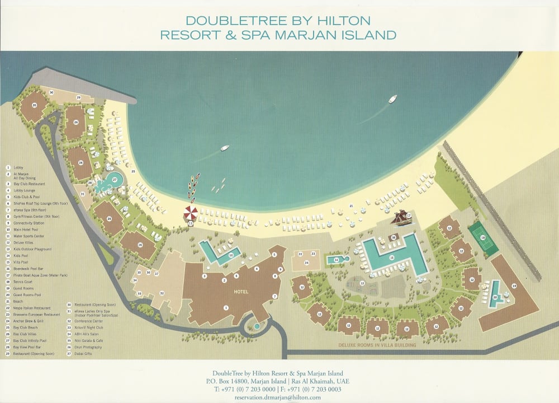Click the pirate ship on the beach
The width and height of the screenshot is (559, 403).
coord(401,217)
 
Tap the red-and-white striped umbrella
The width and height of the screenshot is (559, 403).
coord(191,213)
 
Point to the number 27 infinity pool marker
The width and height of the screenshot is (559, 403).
coord(116,180)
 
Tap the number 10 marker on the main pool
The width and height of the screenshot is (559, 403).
coord(230,255)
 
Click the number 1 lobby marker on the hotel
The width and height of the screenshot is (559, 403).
coord(226,307)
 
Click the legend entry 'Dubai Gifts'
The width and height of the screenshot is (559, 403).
coord(82,354)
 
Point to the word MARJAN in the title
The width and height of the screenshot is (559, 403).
coord(306,35)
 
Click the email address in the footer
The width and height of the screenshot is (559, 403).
coord(278,397)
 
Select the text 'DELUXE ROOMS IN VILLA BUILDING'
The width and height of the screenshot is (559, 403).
coord(377,345)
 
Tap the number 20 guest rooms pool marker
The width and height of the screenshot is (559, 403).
coord(495,297)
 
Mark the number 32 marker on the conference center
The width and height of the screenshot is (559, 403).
coord(162,293)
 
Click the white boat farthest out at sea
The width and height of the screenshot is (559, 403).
coord(392,99)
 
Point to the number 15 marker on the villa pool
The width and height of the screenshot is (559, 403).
coord(336,259)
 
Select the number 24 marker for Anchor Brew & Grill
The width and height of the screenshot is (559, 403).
coord(306,262)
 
